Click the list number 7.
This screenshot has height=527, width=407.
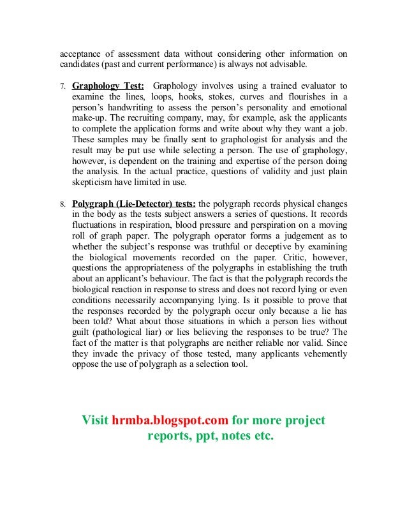tap(63, 85)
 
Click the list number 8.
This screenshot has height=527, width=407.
tap(63, 205)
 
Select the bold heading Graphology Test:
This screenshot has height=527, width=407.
tap(108, 85)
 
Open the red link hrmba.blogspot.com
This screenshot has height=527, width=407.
tap(171, 421)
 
